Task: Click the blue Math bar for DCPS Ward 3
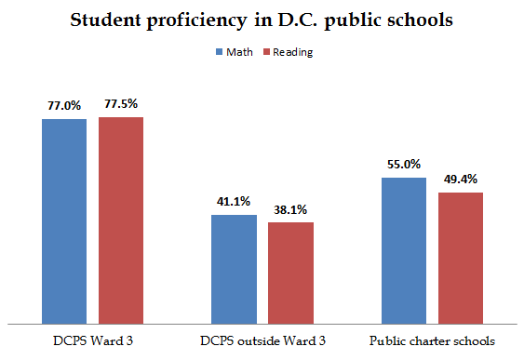pos(63,220)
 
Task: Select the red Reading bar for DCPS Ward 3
pos(120,219)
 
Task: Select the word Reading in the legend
pos(291,52)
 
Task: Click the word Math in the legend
pos(239,52)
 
